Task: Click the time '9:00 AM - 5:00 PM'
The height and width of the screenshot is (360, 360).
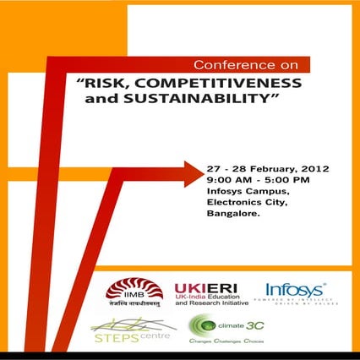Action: pyautogui.click(x=259, y=180)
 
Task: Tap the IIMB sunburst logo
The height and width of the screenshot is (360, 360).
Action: pyautogui.click(x=128, y=290)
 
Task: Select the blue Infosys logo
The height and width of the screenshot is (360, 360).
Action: pyautogui.click(x=296, y=290)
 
